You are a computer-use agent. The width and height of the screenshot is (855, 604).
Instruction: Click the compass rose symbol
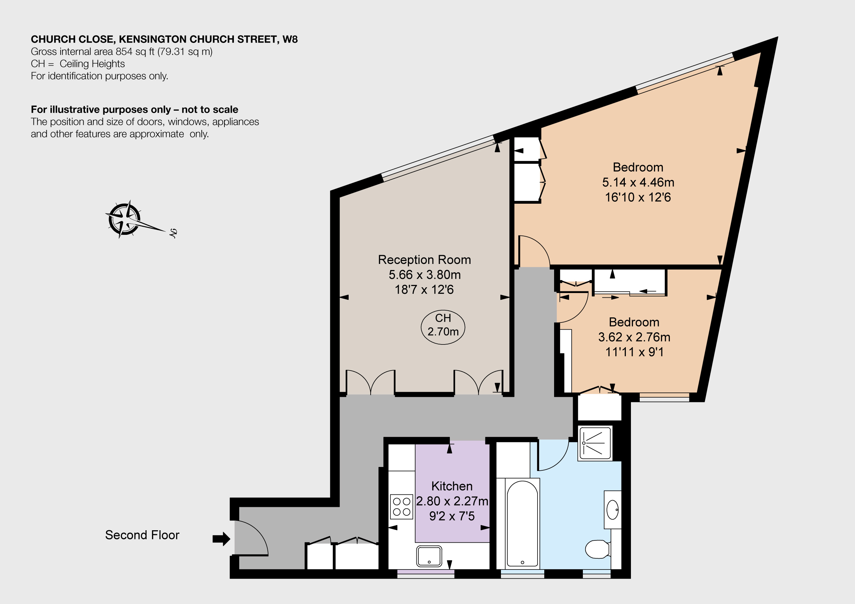[x=125, y=220]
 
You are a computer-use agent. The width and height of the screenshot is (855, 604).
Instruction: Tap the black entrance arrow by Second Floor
[x=222, y=538]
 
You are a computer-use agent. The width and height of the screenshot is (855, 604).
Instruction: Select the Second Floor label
[x=142, y=535]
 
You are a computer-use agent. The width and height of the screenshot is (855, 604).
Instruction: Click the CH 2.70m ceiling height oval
[x=443, y=327]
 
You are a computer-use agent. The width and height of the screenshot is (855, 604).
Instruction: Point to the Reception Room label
[x=424, y=260]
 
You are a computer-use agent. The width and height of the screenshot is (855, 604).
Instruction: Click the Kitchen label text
[x=452, y=486]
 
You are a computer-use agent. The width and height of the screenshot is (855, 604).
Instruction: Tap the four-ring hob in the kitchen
[x=401, y=507]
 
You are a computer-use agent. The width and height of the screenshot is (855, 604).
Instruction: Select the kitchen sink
[x=429, y=556]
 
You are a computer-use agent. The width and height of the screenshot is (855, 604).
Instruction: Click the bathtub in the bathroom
[x=523, y=523]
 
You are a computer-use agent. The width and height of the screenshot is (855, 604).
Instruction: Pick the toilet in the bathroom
[x=597, y=549]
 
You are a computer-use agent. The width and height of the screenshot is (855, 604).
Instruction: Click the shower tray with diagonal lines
[x=595, y=443]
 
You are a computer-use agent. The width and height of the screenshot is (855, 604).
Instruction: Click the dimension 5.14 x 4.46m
[x=638, y=182]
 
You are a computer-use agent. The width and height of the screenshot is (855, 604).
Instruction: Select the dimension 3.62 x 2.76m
[x=634, y=337]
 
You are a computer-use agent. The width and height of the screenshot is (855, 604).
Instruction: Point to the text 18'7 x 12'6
[x=424, y=289]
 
